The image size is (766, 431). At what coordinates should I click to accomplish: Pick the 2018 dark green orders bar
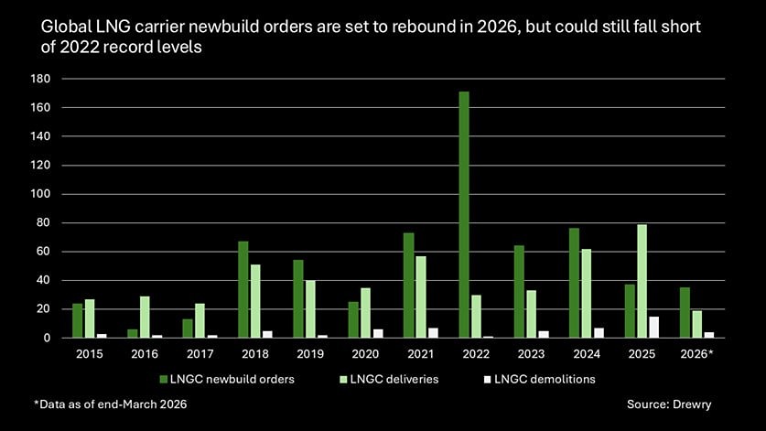coord(243,290)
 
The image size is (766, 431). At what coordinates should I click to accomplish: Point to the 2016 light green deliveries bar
coord(145,318)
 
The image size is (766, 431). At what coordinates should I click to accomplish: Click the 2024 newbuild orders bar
coord(574,283)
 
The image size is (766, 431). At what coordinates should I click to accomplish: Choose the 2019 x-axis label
coord(309,352)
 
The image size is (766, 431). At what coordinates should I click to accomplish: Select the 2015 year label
coord(89,352)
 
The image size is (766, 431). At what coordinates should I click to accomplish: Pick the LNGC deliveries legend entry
coord(389,378)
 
